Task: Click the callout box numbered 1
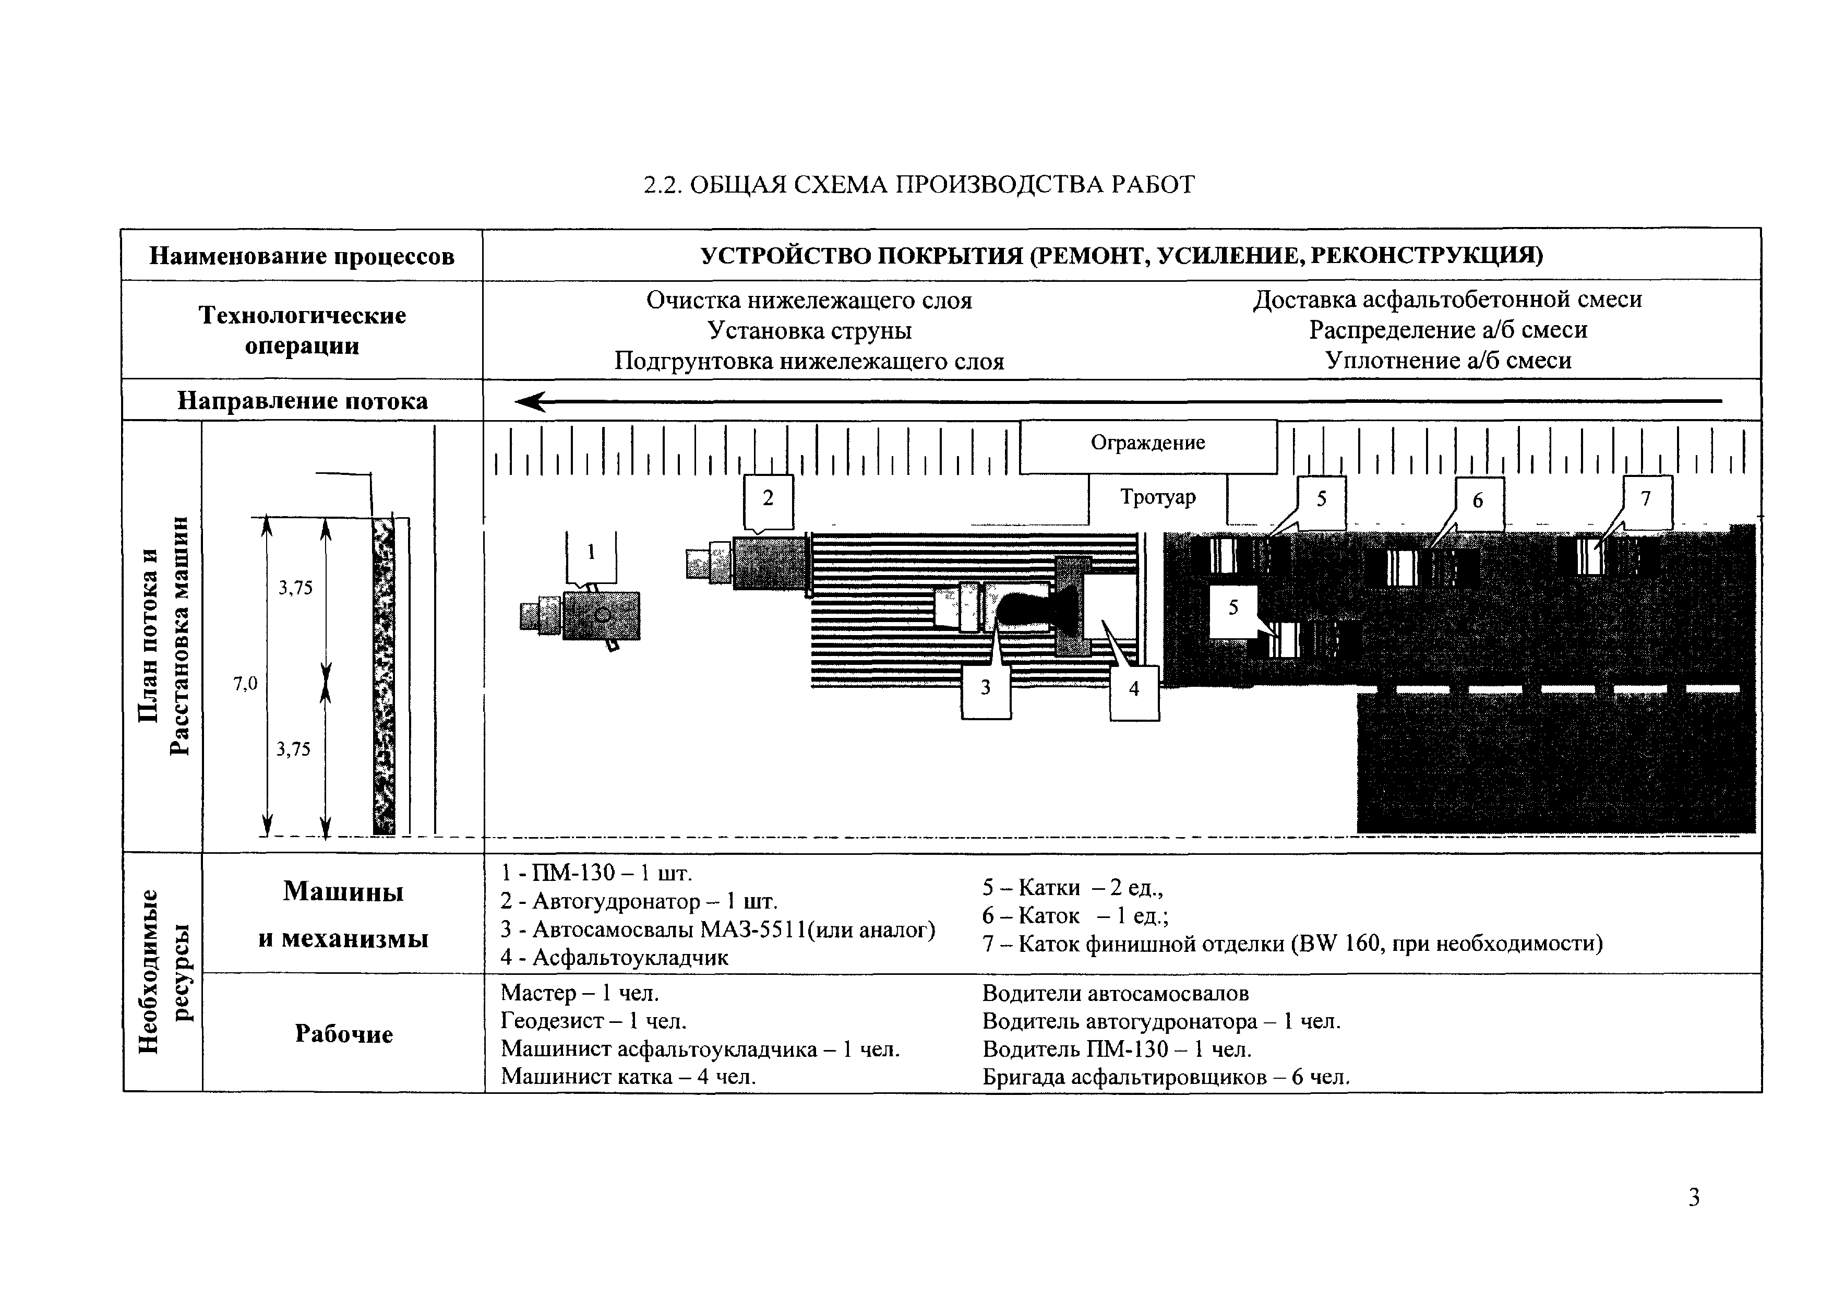[x=592, y=554]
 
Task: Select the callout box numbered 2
[x=769, y=499]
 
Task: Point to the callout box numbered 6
[x=1478, y=501]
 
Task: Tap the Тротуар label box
[x=1157, y=498]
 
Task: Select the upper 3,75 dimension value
[x=295, y=588]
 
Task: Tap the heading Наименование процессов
[x=302, y=256]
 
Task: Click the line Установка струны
[x=809, y=330]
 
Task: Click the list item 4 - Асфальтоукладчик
[x=615, y=958]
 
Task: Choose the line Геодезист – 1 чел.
[x=593, y=1021]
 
